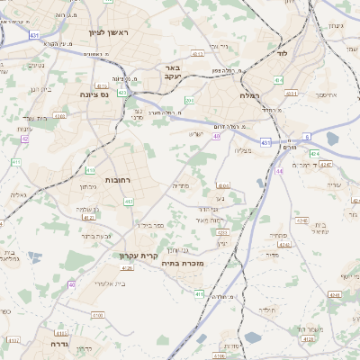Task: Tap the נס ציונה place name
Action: (93, 94)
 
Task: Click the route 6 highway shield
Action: (306, 136)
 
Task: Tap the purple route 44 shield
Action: (280, 169)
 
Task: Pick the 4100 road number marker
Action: (96, 316)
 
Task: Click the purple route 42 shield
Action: (24, 139)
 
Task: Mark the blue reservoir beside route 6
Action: (333, 139)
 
